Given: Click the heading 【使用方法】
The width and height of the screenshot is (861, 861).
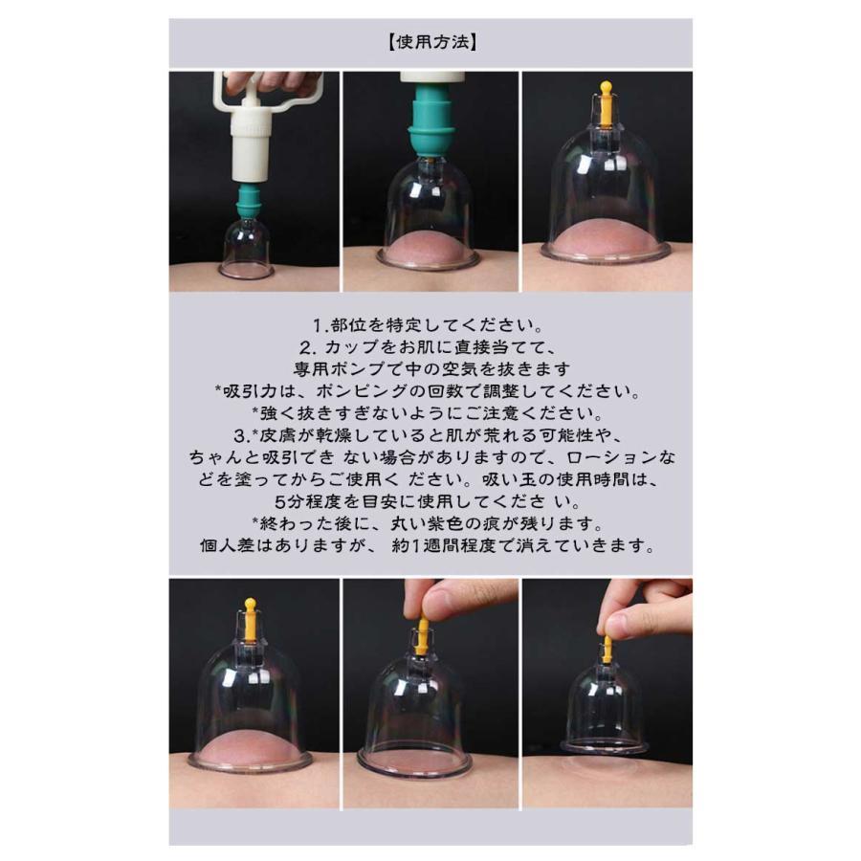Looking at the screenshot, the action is [431, 42].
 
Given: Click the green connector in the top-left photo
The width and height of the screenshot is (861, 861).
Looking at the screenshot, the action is [248, 200].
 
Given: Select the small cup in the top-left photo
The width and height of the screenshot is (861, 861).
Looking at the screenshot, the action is [247, 248].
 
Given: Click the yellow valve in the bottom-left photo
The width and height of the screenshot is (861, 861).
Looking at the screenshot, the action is [250, 621].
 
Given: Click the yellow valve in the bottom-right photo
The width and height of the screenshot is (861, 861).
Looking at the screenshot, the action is [607, 649].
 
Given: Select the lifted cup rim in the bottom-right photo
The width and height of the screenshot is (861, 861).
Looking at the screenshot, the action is [604, 745].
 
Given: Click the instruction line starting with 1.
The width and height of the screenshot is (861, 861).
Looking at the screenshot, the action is [429, 325].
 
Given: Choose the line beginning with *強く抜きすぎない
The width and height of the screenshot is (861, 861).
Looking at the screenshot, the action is [429, 413].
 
